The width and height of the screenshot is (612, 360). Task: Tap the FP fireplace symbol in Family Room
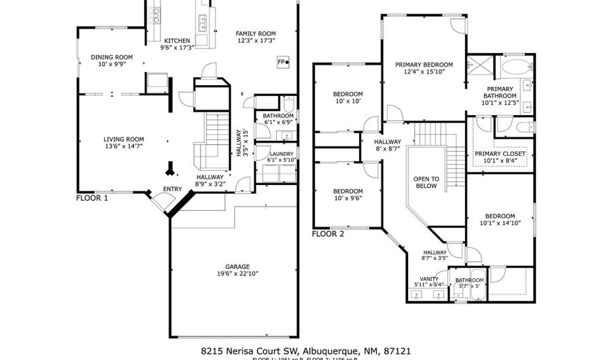(282, 62)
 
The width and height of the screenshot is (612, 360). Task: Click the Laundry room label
(281, 154)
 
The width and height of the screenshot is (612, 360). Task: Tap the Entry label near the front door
(172, 189)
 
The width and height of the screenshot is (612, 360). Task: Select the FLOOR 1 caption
(92, 199)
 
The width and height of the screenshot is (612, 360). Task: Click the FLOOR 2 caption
(328, 233)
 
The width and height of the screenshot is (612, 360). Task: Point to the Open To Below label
(426, 182)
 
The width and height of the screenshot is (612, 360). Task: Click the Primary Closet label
(500, 154)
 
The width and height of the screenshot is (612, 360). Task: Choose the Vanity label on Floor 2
(428, 278)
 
